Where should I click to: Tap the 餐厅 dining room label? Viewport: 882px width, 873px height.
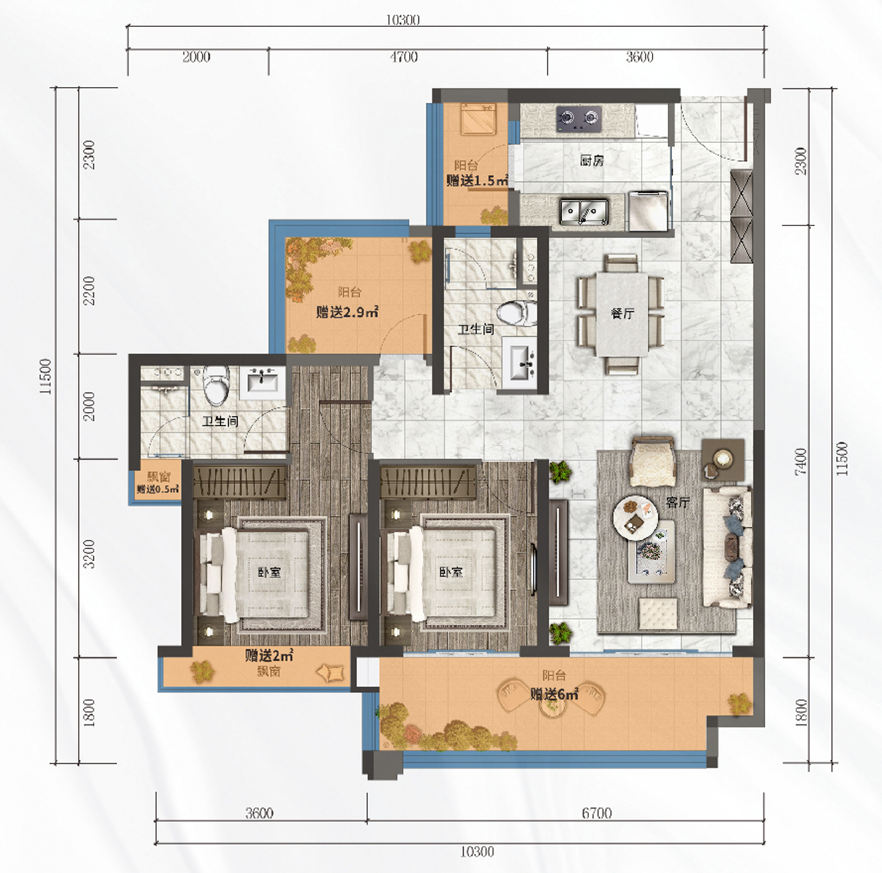click(x=622, y=314)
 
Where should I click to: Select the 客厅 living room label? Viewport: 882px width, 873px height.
click(x=678, y=503)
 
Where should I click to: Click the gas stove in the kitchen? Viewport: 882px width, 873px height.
click(x=578, y=118)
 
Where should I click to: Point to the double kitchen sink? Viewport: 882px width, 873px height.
click(x=584, y=212)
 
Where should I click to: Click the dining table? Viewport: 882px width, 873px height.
click(x=622, y=314)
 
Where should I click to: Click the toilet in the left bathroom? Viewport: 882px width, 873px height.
click(x=215, y=386)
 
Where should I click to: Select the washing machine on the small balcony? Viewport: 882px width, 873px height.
click(x=478, y=120)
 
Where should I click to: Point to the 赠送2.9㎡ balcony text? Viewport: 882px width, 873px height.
click(x=347, y=313)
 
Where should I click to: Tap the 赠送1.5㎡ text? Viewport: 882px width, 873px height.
click(x=477, y=181)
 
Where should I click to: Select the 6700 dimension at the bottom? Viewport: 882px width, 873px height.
click(x=597, y=813)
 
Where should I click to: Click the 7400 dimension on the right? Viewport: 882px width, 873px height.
click(x=801, y=462)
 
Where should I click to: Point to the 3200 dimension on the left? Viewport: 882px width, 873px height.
click(x=90, y=554)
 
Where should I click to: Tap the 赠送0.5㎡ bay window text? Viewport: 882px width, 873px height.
click(x=157, y=489)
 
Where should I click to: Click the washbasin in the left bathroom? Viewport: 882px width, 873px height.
click(x=263, y=381)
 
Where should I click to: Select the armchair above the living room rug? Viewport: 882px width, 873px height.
click(x=653, y=461)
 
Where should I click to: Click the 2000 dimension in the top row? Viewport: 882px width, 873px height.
click(x=197, y=57)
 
